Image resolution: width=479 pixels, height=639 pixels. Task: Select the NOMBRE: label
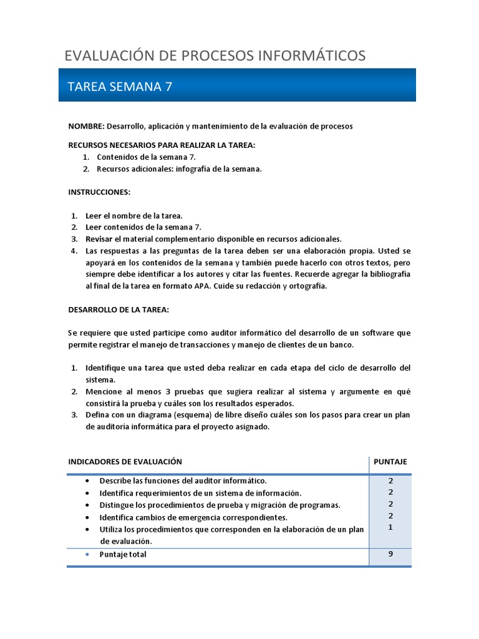pos(86,126)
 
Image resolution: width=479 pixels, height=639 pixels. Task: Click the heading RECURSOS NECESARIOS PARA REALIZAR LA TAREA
pos(162,145)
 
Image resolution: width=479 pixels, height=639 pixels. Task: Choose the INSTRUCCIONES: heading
pos(99,192)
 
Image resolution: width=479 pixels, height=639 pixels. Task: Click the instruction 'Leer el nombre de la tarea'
pos(133,215)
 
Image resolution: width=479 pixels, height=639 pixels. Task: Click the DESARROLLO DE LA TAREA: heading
pos(119,310)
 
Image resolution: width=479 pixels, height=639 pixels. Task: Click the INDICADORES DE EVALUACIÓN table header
pos(125,462)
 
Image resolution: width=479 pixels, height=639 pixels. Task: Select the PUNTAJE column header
pos(390,462)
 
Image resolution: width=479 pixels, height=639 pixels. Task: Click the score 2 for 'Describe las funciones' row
pos(390,480)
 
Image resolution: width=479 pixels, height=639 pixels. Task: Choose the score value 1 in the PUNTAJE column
pos(390,527)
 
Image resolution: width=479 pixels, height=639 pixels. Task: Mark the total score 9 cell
pos(390,554)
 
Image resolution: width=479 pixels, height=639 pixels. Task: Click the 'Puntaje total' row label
pos(123,554)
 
